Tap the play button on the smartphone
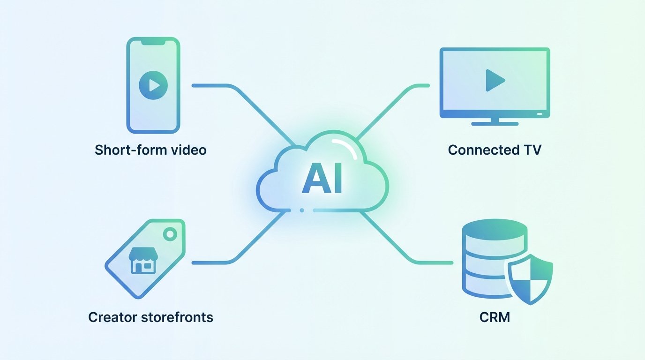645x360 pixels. (x=153, y=85)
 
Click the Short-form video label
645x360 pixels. (x=150, y=150)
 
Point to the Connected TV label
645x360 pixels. (x=495, y=150)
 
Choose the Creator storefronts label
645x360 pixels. (x=150, y=317)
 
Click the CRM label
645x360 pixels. (x=495, y=317)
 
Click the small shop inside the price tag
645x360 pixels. (x=142, y=261)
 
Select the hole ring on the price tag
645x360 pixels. (x=170, y=233)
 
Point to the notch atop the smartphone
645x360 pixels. (x=153, y=42)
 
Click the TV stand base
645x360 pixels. (x=495, y=124)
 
